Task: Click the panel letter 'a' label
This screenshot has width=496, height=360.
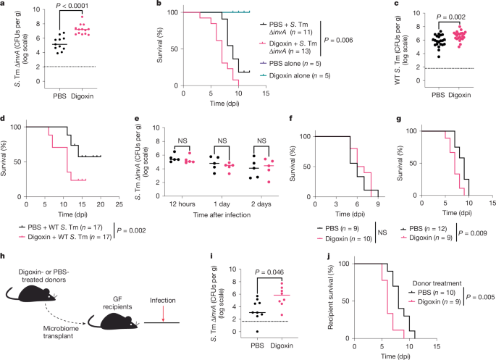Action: (x=4, y=6)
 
